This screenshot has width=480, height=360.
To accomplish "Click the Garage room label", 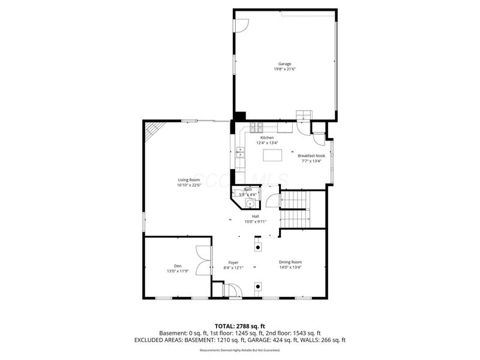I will click(x=284, y=64).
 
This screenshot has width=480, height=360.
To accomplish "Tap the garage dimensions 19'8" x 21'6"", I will click(x=284, y=69).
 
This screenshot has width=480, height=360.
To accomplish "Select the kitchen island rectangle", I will click(x=273, y=155).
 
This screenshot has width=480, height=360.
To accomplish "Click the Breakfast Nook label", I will click(x=311, y=155).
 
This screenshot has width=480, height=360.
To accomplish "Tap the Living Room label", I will click(x=188, y=180).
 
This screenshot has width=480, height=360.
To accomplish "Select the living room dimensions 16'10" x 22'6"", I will click(x=188, y=185).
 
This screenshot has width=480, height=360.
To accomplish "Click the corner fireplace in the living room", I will click(x=154, y=129).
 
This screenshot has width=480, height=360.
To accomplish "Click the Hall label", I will click(x=255, y=216).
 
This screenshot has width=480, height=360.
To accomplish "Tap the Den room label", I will click(x=178, y=266).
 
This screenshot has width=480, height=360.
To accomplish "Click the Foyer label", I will click(x=233, y=263).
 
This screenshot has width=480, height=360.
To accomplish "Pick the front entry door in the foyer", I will click(x=233, y=291).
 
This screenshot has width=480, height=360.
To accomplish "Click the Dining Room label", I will click(x=290, y=262).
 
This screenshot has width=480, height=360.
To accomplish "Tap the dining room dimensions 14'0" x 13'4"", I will click(x=290, y=268).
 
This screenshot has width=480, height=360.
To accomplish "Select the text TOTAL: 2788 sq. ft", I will click(x=240, y=325).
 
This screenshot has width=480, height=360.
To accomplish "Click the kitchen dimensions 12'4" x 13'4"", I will click(x=267, y=143).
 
